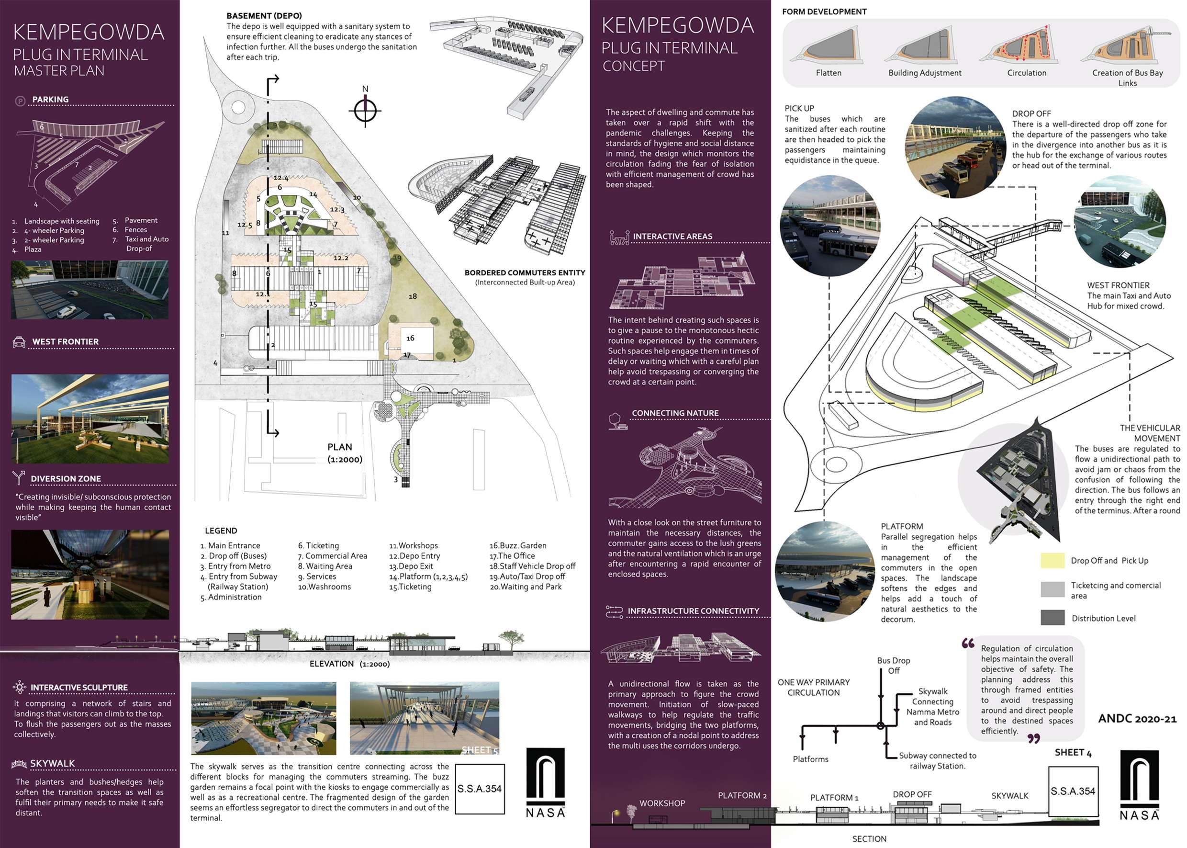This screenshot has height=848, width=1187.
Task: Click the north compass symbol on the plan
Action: pyautogui.click(x=365, y=110)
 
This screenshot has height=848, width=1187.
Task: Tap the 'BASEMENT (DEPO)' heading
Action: pyautogui.click(x=264, y=16)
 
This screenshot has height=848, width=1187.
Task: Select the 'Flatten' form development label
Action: pyautogui.click(x=829, y=73)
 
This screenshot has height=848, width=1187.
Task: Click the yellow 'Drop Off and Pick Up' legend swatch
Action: pyautogui.click(x=1052, y=560)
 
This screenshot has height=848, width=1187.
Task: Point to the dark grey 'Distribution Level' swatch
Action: pyautogui.click(x=1052, y=618)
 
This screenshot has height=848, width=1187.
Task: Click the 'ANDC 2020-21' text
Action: pyautogui.click(x=1137, y=719)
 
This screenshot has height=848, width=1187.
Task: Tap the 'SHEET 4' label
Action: pyautogui.click(x=1073, y=752)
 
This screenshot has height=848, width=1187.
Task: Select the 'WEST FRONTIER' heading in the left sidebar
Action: pyautogui.click(x=65, y=341)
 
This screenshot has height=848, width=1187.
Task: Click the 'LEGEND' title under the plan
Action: pyautogui.click(x=221, y=531)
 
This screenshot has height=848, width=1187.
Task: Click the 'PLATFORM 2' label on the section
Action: pyautogui.click(x=742, y=795)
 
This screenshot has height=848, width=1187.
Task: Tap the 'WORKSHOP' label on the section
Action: pyautogui.click(x=662, y=803)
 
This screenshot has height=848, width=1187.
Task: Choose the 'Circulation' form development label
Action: pyautogui.click(x=1026, y=73)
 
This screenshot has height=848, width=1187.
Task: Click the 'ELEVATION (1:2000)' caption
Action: pyautogui.click(x=349, y=664)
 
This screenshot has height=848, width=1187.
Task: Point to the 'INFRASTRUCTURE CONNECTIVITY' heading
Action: pyautogui.click(x=693, y=611)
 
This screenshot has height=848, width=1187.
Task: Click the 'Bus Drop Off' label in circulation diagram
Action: pyautogui.click(x=893, y=665)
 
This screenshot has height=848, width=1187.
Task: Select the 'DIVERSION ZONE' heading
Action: pyautogui.click(x=66, y=479)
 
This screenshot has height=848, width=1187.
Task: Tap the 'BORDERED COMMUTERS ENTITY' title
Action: pyautogui.click(x=525, y=272)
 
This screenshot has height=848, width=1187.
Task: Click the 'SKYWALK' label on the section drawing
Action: pyautogui.click(x=1009, y=796)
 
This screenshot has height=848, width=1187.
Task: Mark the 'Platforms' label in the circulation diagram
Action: pyautogui.click(x=810, y=759)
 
